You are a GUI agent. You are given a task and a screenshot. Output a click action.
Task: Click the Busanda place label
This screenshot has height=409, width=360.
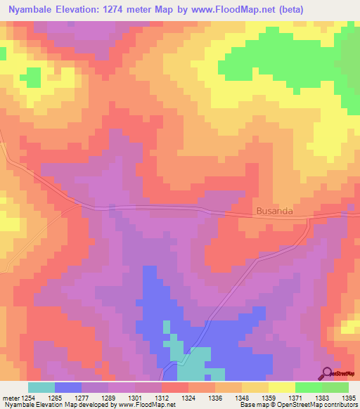point(274,210)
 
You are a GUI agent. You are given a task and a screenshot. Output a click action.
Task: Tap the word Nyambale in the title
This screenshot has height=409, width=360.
point(32,11)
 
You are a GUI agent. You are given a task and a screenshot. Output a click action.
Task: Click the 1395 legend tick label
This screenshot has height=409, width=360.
point(349,398)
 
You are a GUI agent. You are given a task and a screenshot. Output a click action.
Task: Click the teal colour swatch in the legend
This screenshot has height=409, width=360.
point(41,387)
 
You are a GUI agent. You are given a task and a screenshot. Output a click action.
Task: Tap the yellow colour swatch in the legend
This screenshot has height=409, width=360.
point(282,387)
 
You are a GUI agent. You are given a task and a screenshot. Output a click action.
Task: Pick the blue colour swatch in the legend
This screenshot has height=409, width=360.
point(68,387)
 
